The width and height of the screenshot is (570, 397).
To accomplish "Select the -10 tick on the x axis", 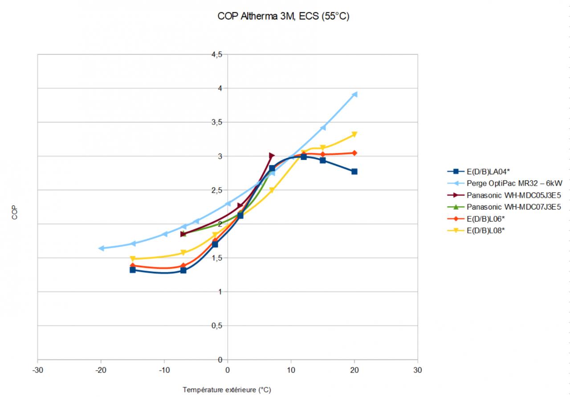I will tap(164, 370).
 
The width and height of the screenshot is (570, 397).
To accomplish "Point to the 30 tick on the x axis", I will tap(418, 370).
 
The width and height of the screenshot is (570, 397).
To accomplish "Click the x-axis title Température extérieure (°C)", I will tap(227, 390).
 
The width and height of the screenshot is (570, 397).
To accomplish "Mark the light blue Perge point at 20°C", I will tap(354, 94).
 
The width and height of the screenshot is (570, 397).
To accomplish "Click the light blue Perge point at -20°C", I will tap(102, 248).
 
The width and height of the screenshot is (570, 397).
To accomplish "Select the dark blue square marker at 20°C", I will tap(354, 171).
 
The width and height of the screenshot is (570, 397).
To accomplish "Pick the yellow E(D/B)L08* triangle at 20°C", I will tap(354, 134).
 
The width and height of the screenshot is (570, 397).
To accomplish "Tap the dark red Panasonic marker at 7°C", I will tap(272, 156).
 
